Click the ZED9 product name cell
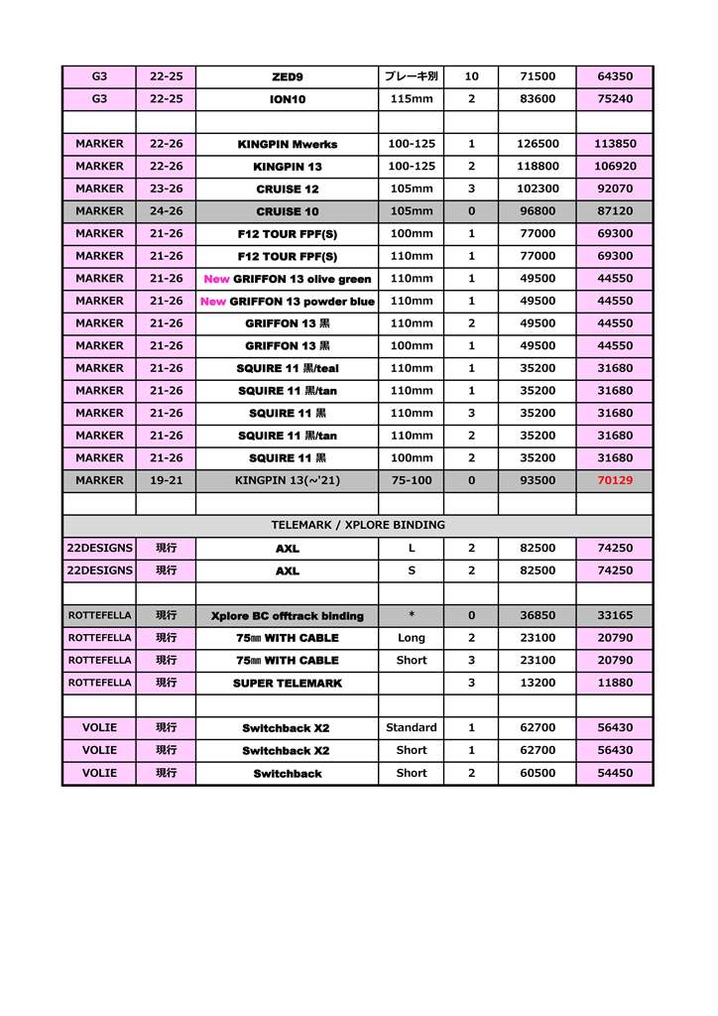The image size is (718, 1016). [x=287, y=76]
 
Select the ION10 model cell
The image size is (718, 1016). [x=287, y=99]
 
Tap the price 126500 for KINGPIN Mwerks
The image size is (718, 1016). [x=537, y=144]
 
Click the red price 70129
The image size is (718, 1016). [x=615, y=480]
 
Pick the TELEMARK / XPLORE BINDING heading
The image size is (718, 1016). [x=358, y=525]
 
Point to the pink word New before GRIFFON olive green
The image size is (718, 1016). [x=216, y=279]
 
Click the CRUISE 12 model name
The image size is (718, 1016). [x=287, y=189]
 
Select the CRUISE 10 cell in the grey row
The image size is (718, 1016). [x=287, y=211]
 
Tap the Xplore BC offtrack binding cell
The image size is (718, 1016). [x=287, y=615]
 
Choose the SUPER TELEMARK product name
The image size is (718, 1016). [x=287, y=683]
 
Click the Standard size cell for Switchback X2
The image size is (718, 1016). [x=412, y=727]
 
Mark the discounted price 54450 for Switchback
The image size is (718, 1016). [x=615, y=773]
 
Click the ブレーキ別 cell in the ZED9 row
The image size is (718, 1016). [x=412, y=76]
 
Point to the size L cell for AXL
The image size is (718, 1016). [x=412, y=548]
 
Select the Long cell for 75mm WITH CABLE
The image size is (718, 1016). [x=412, y=638]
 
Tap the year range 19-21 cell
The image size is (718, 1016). [x=166, y=480]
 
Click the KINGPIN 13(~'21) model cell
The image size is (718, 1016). [x=287, y=480]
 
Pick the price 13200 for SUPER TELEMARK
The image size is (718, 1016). [x=537, y=683]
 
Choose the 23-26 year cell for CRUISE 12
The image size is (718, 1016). [x=166, y=189]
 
